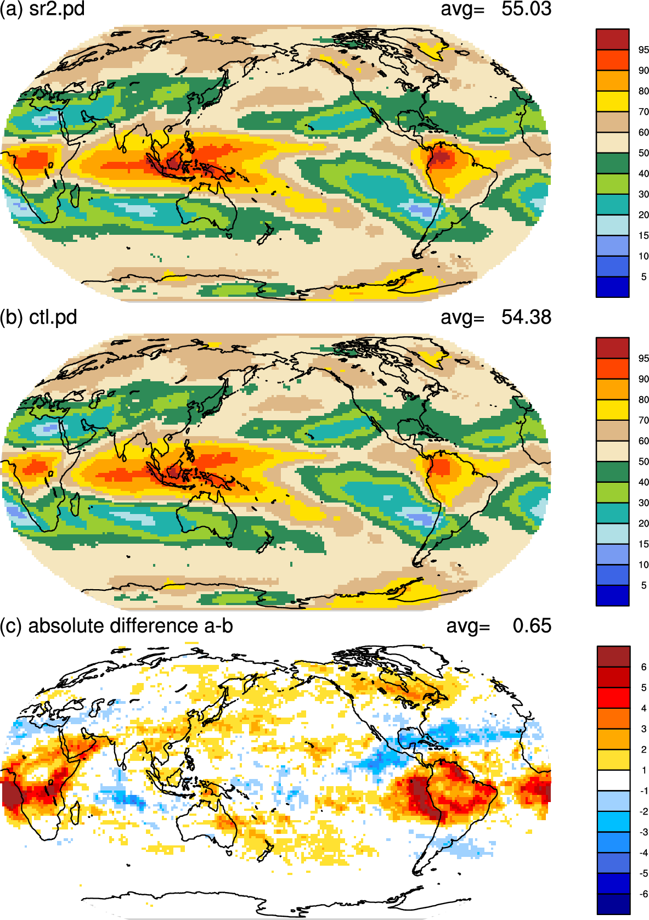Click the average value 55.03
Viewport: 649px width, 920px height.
[526, 9]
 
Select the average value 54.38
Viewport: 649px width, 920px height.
[526, 318]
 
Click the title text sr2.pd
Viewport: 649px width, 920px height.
[57, 9]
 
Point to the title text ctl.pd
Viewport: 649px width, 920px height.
[53, 318]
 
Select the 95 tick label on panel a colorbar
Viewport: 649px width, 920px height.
[644, 50]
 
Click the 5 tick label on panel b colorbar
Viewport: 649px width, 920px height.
[644, 585]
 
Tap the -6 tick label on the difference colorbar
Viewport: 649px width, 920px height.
[643, 894]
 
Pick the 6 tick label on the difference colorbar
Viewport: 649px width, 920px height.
[644, 667]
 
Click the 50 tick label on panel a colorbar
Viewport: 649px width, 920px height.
[644, 153]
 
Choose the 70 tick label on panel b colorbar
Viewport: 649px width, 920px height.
[644, 420]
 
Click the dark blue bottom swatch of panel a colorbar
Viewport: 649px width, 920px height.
[612, 287]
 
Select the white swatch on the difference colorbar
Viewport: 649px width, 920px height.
[613, 780]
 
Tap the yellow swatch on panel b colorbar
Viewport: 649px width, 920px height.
[612, 409]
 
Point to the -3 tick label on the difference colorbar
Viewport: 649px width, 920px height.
[643, 832]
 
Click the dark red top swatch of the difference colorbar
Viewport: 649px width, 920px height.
[613, 656]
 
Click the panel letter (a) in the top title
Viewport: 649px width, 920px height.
[12, 9]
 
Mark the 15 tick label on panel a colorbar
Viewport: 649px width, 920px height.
[644, 236]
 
